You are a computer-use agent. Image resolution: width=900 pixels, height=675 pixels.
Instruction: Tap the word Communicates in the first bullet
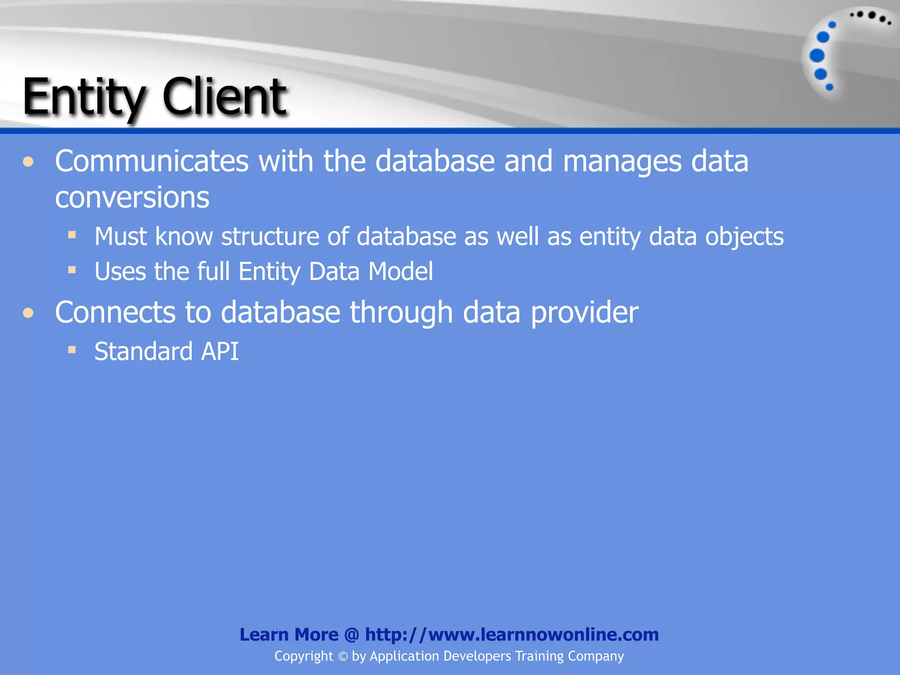tap(152, 161)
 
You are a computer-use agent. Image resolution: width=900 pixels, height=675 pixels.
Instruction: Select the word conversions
tap(132, 197)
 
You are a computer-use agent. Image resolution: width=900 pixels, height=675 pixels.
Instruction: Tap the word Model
tap(400, 272)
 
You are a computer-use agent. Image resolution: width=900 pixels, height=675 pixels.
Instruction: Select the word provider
tap(584, 312)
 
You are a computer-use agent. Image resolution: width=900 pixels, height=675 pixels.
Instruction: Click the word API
tap(220, 352)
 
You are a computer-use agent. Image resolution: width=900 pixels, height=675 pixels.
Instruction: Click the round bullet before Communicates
tap(29, 162)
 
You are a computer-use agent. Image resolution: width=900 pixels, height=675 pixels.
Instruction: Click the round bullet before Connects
tap(29, 313)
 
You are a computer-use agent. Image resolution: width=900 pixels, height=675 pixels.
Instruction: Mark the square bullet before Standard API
tap(72, 350)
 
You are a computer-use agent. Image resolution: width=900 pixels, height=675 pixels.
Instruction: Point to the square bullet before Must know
tap(72, 235)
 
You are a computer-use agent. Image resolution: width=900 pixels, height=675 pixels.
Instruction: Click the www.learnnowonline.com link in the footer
tap(512, 635)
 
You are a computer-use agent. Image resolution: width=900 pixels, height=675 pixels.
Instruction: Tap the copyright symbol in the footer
tap(343, 657)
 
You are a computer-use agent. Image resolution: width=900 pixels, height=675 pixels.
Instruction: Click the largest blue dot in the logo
tap(817, 56)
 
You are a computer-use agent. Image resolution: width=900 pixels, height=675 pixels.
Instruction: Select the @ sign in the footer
tap(352, 635)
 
